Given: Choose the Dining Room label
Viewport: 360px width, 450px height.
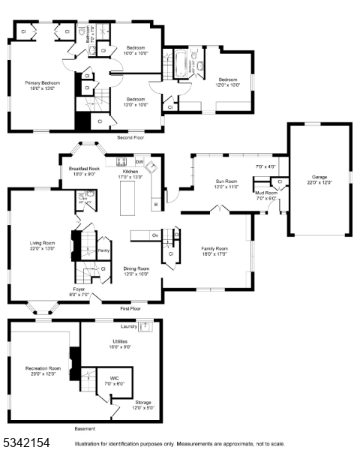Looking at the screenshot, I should click(x=136, y=268).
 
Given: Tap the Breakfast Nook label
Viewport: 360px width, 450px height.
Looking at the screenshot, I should click(x=84, y=169).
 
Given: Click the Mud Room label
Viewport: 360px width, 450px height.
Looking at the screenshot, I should click(x=265, y=193).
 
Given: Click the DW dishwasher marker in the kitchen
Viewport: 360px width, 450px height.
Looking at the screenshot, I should click(x=139, y=161).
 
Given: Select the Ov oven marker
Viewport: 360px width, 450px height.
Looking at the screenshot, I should click(x=155, y=235).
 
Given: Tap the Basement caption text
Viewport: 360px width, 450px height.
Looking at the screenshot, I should click(x=85, y=429).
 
